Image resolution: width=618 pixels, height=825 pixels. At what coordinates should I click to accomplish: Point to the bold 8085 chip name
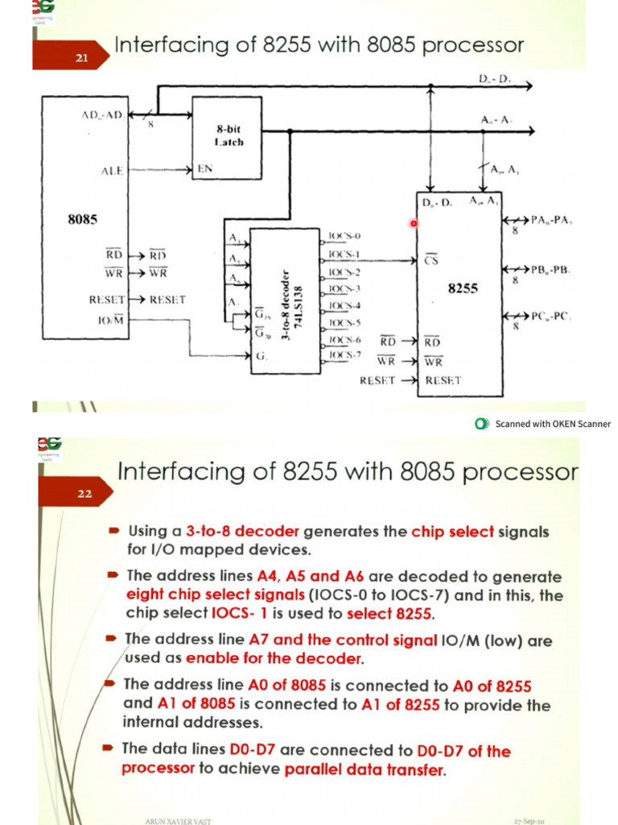point(84,219)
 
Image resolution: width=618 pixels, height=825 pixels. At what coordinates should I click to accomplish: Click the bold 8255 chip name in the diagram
point(462,288)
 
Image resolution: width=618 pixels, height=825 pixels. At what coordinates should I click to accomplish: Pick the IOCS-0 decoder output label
point(344,236)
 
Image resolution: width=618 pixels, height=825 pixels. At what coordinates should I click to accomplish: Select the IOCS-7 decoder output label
point(344,354)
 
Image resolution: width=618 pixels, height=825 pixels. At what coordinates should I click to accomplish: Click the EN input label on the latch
point(204,170)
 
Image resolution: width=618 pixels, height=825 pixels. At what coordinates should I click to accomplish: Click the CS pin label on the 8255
point(431,259)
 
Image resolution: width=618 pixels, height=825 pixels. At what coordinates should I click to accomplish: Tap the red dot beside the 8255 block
point(414,223)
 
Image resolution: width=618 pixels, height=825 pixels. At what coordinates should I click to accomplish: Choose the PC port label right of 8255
point(550,316)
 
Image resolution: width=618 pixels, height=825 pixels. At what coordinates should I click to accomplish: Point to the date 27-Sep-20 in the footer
point(530,820)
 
